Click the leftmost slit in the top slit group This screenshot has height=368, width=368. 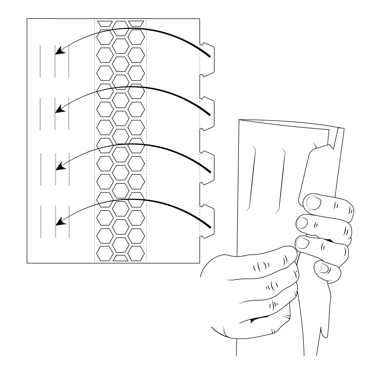click(40, 61)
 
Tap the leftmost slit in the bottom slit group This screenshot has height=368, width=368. click(41, 222)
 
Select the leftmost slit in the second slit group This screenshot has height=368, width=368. click(40, 114)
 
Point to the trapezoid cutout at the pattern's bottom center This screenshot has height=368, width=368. click(120, 258)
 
